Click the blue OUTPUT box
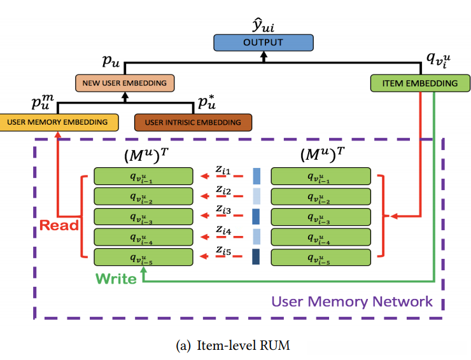[x=264, y=43]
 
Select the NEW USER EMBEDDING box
[x=124, y=83]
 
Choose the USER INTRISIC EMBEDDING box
[x=193, y=122]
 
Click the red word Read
[x=59, y=225]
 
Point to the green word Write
[x=116, y=279]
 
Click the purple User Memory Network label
[x=352, y=301]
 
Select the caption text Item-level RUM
[x=235, y=345]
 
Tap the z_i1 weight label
[x=223, y=172]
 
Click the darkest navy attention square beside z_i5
[x=257, y=257]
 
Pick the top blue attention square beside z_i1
[x=257, y=176]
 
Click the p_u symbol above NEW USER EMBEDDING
[x=111, y=62]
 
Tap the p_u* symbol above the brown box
[x=206, y=102]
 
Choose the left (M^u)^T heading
[x=143, y=155]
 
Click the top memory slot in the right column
[x=321, y=176]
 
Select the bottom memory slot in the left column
[x=143, y=258]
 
